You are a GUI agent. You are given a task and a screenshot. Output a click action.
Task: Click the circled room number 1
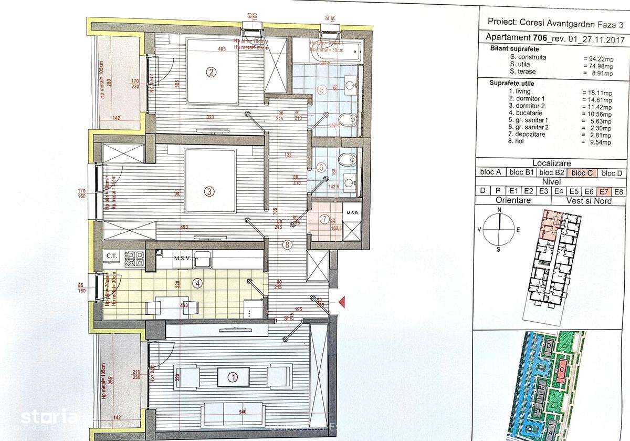[232, 376]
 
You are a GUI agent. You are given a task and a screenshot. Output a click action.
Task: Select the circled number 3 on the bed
[209, 191]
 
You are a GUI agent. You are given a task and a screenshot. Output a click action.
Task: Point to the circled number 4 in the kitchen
[197, 283]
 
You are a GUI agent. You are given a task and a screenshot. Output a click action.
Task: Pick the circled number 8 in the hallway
[286, 244]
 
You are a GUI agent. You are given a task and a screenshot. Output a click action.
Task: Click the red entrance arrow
[341, 302]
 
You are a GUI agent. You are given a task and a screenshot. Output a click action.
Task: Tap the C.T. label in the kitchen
[111, 256]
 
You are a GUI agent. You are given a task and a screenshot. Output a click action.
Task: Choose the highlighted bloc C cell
[582, 172]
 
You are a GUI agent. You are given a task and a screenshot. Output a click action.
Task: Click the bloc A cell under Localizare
[490, 172]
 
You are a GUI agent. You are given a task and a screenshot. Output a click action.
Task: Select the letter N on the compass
[500, 210]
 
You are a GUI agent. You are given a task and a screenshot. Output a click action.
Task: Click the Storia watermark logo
[49, 418]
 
